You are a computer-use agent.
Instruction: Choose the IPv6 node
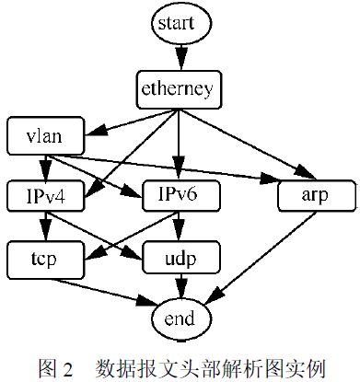179,195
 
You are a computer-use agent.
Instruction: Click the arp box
314,195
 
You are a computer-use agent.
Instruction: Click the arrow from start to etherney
179,57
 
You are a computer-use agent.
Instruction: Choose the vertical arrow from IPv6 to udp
179,226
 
